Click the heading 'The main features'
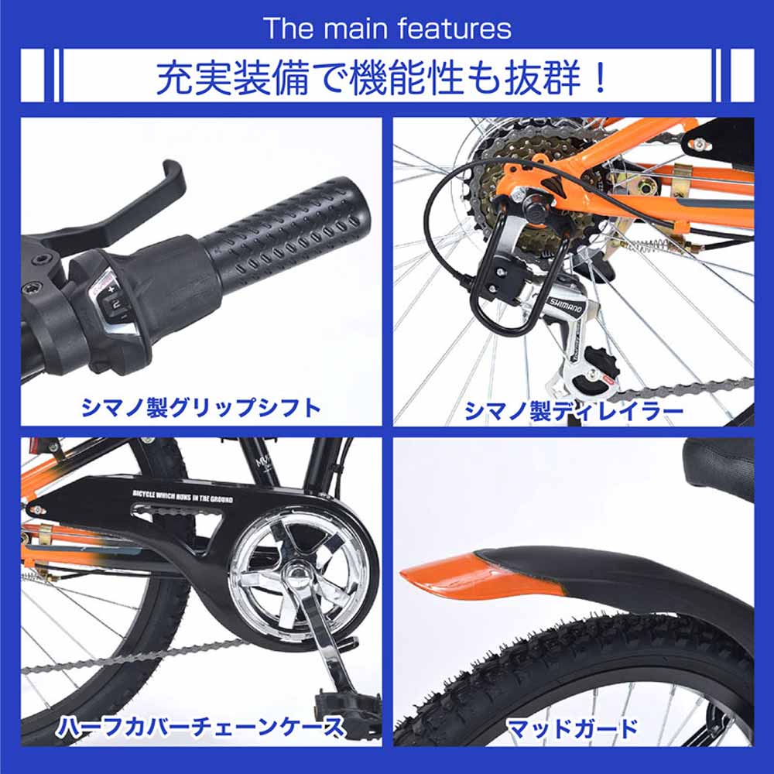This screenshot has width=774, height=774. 387,29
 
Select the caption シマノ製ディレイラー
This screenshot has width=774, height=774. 574,411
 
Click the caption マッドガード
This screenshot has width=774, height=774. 573,728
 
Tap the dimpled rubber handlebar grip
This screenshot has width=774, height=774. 286,232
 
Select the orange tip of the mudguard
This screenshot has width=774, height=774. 464,577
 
